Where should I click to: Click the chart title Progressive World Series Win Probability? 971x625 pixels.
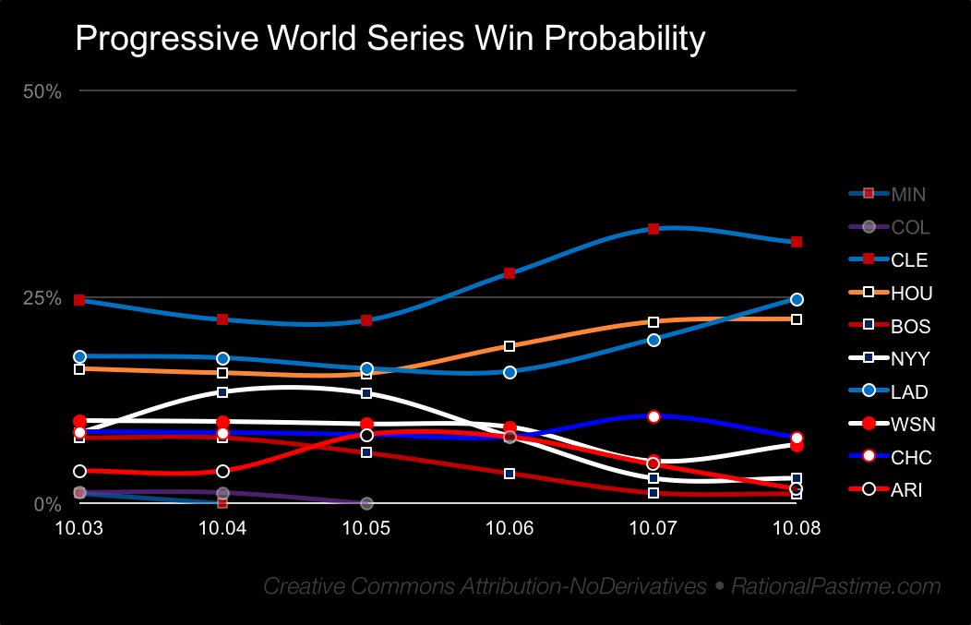tap(390, 39)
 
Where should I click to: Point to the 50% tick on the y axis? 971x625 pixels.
tap(42, 90)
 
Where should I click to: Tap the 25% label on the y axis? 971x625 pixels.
tap(42, 298)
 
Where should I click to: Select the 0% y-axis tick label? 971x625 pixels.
tap(48, 504)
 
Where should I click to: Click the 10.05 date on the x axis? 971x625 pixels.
tap(366, 527)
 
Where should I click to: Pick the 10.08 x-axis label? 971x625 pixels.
tap(797, 527)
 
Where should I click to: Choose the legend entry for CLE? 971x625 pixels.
tap(909, 260)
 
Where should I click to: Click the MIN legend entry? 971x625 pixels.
tap(908, 194)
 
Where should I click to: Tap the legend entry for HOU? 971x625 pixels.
tap(911, 294)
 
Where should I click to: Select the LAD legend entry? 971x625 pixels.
tap(909, 392)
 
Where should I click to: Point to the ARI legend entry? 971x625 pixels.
tap(906, 490)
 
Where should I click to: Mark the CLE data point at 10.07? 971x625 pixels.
tap(653, 229)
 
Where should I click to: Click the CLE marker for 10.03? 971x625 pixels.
tap(79, 300)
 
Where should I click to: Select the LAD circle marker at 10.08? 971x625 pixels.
tap(797, 299)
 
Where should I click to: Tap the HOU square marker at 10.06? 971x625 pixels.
tap(509, 346)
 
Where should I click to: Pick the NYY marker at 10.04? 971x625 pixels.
tap(222, 392)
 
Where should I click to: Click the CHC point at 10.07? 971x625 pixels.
tap(653, 416)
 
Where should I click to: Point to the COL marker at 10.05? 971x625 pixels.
tap(366, 503)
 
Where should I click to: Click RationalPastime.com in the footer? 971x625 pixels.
tap(836, 586)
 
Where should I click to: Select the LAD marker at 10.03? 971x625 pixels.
tap(79, 356)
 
